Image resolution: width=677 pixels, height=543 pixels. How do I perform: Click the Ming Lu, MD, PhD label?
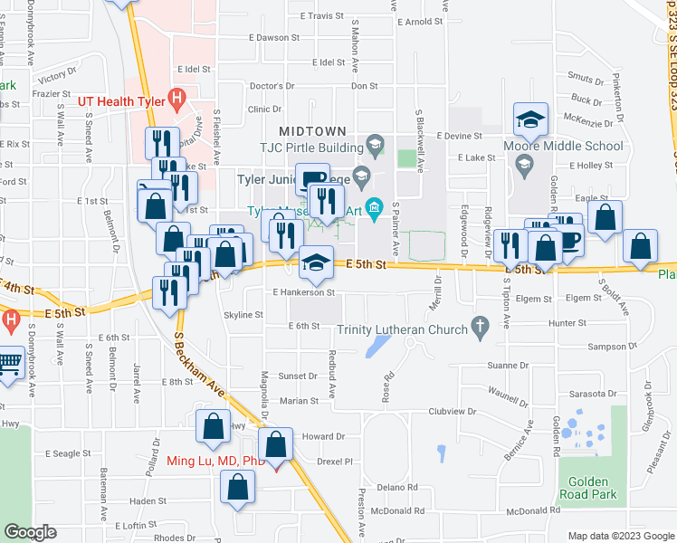215,461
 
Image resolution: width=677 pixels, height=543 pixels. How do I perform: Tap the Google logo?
30,532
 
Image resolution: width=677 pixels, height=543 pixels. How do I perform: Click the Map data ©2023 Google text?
619,536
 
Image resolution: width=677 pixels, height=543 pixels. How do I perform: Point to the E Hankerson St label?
304,292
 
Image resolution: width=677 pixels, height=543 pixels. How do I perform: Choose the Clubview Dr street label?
453,410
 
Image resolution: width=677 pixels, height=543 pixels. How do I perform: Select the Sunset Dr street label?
298,376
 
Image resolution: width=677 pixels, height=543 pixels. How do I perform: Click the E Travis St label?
320,16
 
